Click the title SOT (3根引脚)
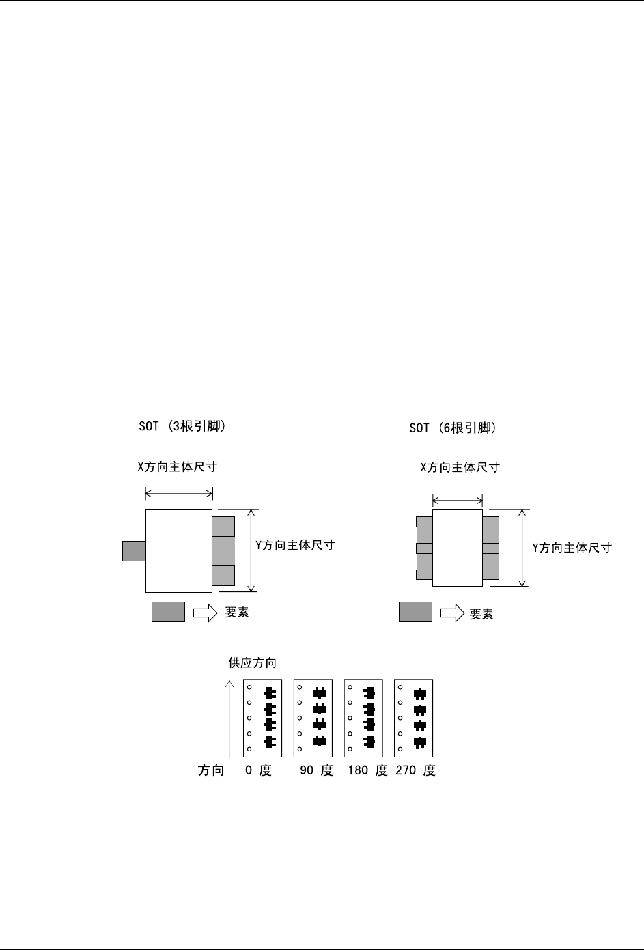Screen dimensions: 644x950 click(182, 427)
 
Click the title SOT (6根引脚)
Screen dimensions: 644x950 click(452, 428)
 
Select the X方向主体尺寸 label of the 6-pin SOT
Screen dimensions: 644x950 click(460, 467)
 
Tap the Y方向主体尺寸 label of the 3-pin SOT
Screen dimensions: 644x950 click(295, 545)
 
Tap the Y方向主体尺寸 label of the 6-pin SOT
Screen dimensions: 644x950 click(572, 547)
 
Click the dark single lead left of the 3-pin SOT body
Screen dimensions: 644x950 click(134, 550)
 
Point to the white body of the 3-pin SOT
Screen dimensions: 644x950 click(178, 550)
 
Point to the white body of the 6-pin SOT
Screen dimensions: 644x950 click(457, 548)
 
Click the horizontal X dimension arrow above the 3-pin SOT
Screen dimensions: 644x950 click(179, 493)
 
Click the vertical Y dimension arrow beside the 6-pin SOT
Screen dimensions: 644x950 click(523, 548)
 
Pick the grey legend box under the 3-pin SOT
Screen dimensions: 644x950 click(168, 612)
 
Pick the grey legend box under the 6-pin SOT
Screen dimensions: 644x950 click(415, 612)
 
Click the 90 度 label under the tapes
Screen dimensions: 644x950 click(316, 770)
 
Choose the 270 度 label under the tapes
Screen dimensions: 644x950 click(415, 770)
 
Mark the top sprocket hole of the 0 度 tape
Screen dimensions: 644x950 click(249, 686)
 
